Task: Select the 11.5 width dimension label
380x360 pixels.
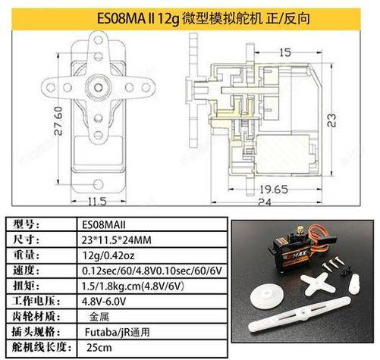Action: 96,202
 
